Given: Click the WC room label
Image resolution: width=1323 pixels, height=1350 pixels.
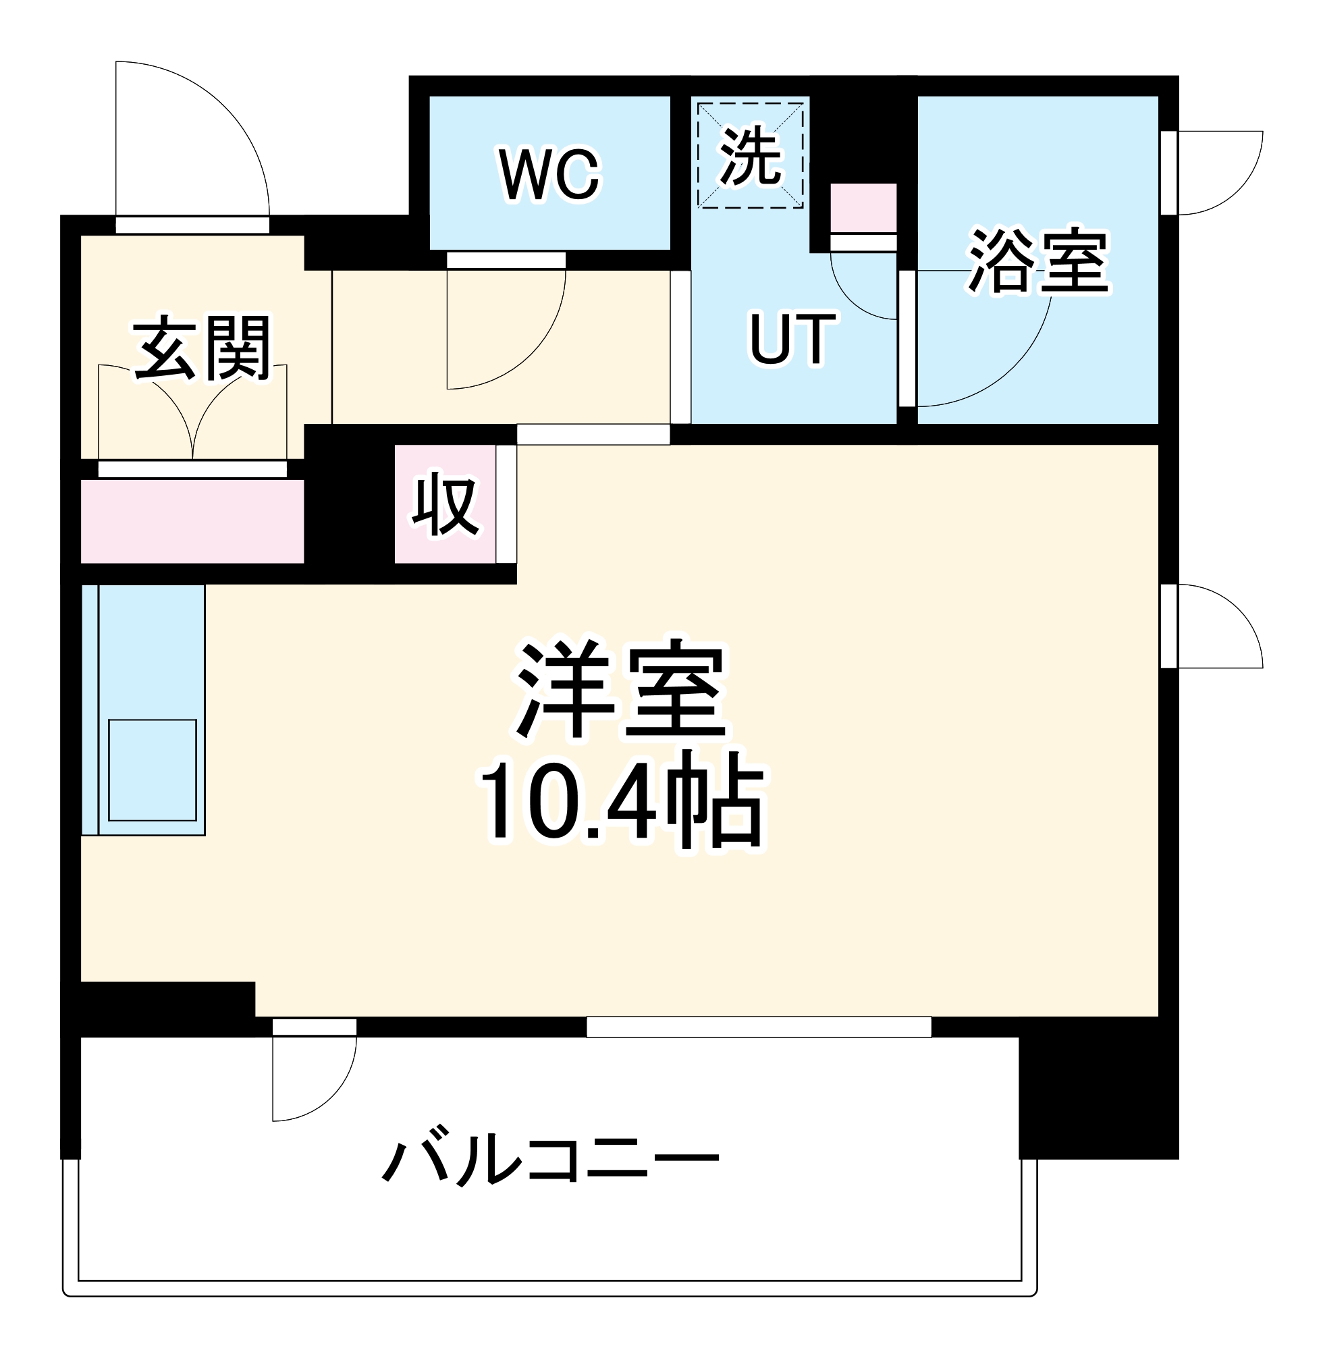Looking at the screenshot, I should [549, 174].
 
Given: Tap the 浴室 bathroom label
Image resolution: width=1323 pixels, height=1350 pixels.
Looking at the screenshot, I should [1038, 261].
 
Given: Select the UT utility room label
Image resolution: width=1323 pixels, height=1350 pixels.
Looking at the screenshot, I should [792, 339].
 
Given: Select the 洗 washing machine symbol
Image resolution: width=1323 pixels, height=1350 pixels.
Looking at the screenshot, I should [751, 156].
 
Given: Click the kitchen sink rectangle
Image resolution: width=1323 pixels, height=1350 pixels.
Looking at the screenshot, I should [152, 770].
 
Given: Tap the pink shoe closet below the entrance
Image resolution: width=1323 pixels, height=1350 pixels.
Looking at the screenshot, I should [192, 522].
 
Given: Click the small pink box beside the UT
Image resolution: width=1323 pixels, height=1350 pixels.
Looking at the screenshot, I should [864, 208].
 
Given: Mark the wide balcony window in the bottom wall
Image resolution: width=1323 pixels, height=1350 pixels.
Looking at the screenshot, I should [759, 1027].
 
